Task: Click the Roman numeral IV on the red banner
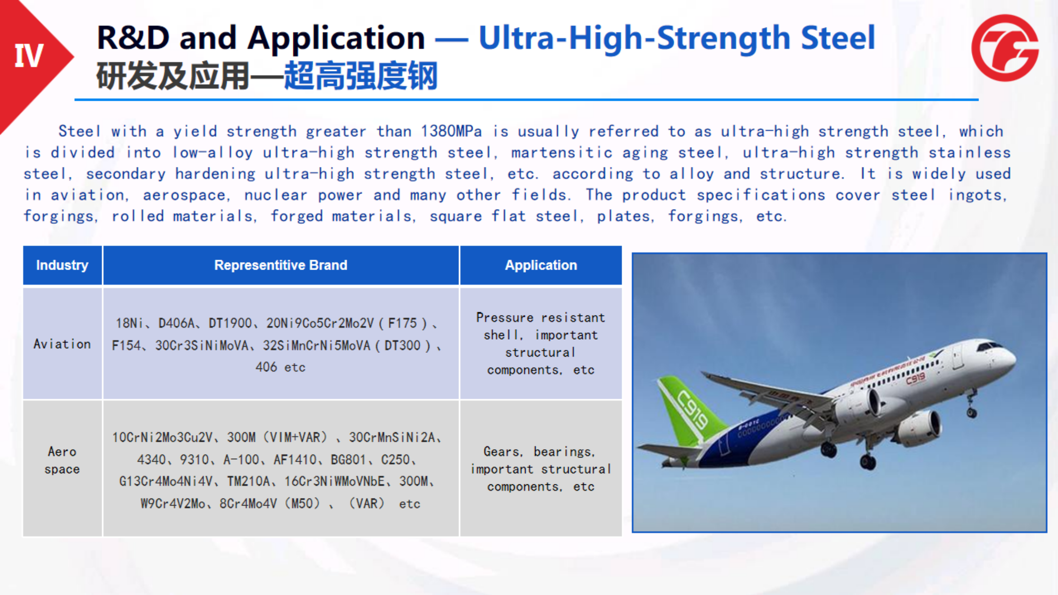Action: pos(29,56)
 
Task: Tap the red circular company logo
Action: pos(1005,48)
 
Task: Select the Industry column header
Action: pos(62,265)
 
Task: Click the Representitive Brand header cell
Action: pos(281,265)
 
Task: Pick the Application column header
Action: pos(541,265)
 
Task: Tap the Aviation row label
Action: pos(62,344)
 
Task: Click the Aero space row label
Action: pos(62,460)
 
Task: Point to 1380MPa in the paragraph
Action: pos(451,131)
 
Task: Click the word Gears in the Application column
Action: pos(501,452)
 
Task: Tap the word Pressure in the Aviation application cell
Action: pos(504,317)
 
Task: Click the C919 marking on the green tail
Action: pos(691,409)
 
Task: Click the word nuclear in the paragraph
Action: pos(276,195)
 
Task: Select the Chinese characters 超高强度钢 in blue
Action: pos(361,76)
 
